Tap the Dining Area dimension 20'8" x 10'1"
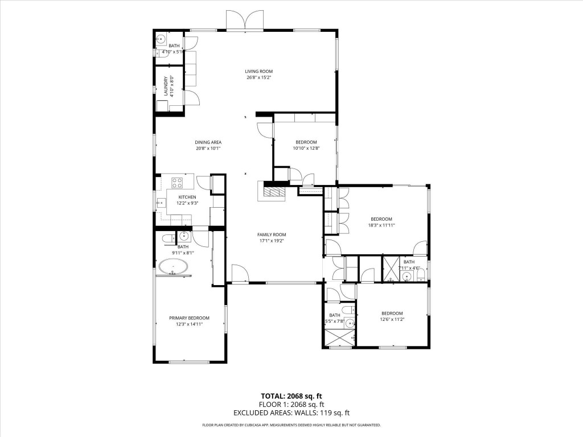click(208, 149)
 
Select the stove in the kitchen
click(176, 183)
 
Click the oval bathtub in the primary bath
click(173, 266)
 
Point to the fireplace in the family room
click(273, 191)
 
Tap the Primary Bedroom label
click(189, 318)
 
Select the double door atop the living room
click(245, 20)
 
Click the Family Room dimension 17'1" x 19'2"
click(271, 241)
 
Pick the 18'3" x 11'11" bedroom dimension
click(381, 225)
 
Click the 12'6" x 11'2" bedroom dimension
click(392, 320)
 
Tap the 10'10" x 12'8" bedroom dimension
click(306, 149)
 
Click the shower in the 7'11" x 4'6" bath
click(391, 269)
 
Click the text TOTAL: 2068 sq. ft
click(291, 396)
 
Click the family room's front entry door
click(240, 274)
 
